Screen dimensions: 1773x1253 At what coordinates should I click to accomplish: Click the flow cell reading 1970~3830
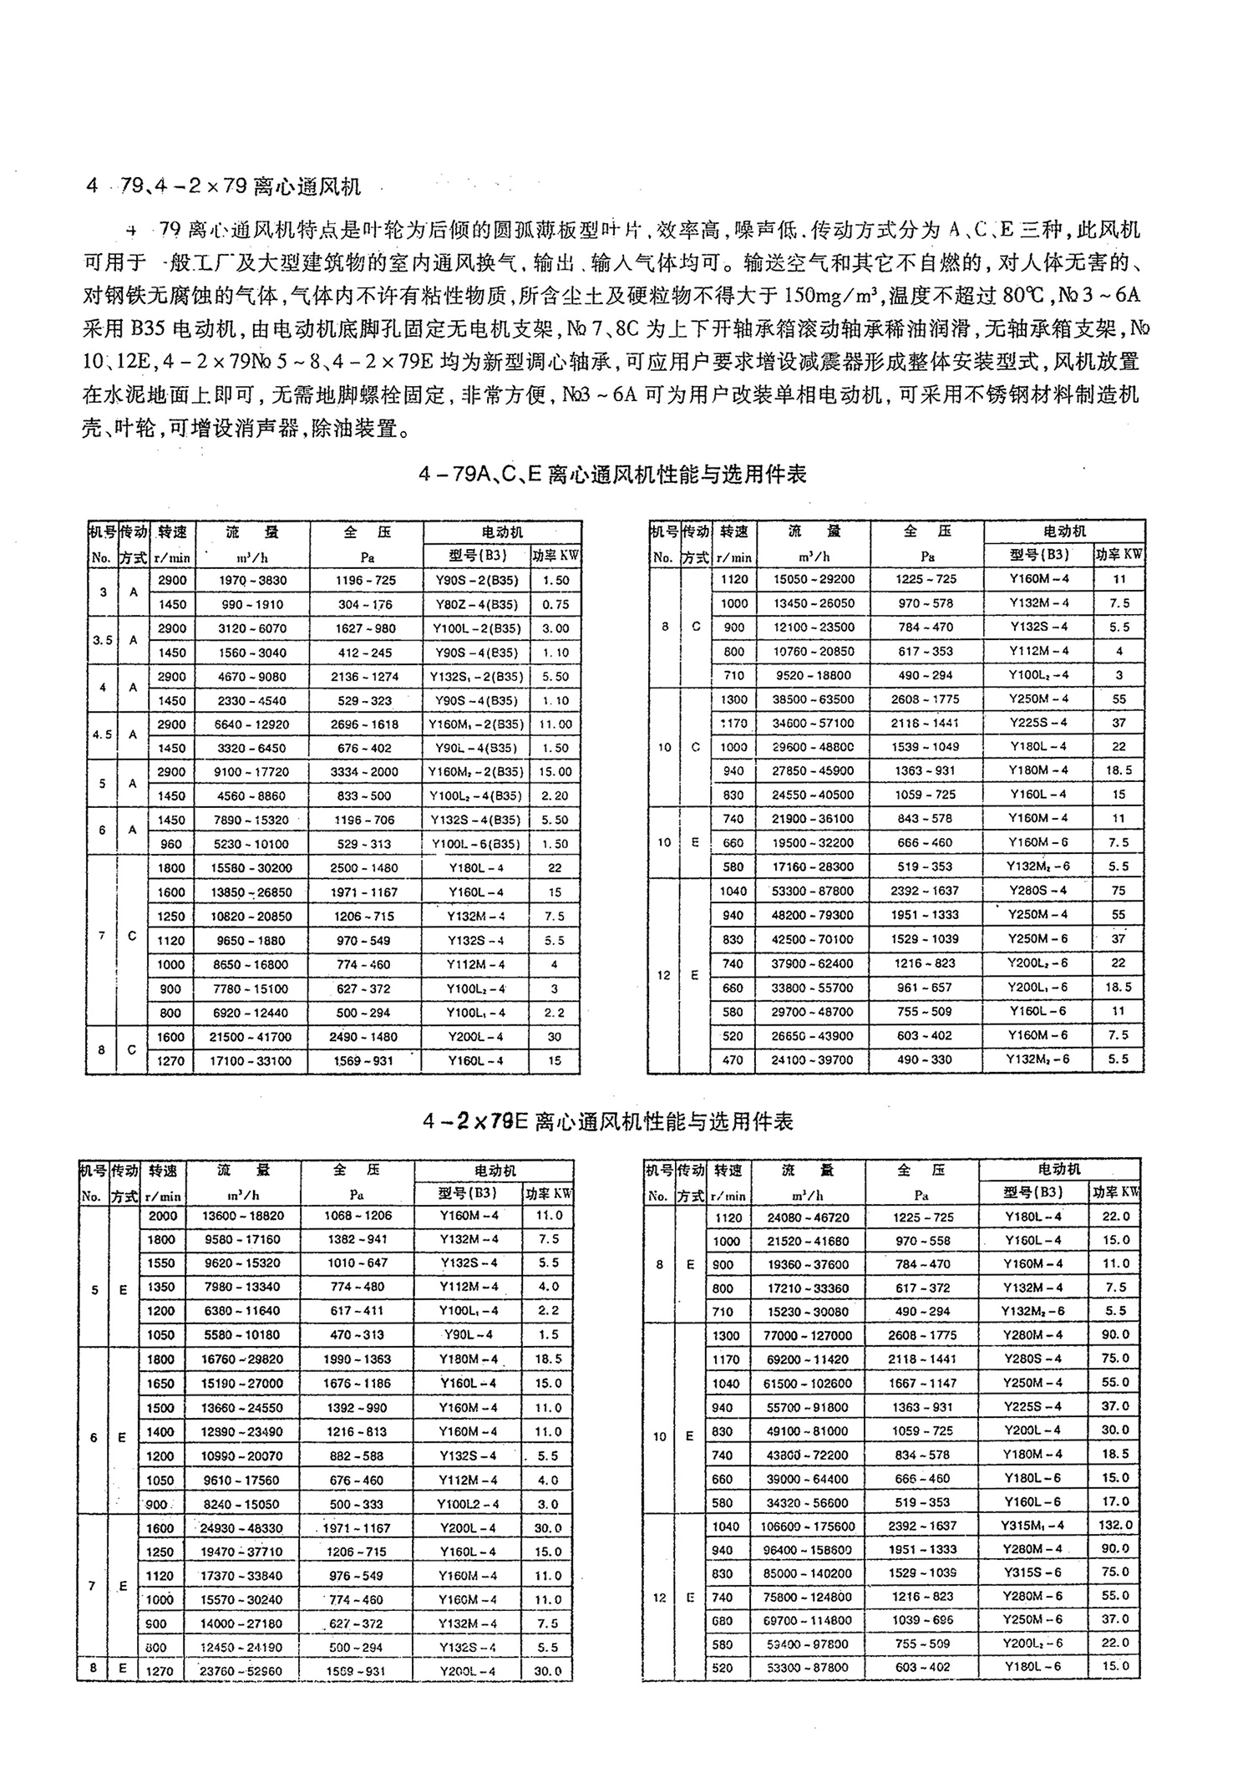(251, 581)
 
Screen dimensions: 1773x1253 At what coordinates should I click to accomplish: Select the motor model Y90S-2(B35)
(475, 581)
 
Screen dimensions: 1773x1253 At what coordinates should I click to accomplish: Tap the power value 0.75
(555, 605)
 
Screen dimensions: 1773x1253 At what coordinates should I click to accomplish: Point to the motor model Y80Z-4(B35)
(475, 605)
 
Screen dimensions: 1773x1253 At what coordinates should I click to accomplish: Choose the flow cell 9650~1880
(251, 941)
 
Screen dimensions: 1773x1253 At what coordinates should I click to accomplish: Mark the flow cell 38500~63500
(813, 699)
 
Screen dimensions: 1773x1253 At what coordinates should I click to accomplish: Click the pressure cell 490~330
(926, 1059)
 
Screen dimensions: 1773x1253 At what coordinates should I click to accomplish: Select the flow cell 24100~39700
(813, 1059)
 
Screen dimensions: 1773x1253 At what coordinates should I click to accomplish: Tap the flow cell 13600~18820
(243, 1217)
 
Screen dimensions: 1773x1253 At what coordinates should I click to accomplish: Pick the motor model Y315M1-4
(1032, 1526)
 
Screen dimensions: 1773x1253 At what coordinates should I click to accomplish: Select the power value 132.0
(1115, 1526)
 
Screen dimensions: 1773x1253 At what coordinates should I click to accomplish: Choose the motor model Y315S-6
(1032, 1573)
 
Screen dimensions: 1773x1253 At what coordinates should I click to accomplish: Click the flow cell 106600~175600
(808, 1527)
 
